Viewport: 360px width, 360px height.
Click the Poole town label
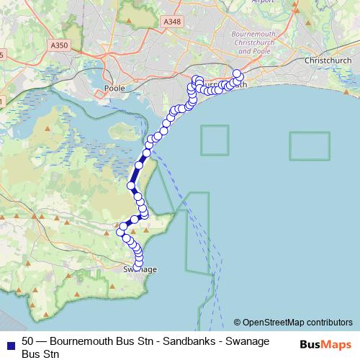[x=114, y=88]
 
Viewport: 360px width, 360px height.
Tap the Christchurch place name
[x=327, y=60]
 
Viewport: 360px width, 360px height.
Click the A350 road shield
[x=61, y=45]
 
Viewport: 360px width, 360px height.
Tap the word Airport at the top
[x=264, y=2]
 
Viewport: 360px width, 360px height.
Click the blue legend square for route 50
[x=10, y=341]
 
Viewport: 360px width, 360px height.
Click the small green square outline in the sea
[x=214, y=140]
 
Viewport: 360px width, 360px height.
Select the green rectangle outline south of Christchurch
[x=309, y=145]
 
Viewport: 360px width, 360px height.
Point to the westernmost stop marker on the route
[x=121, y=231]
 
